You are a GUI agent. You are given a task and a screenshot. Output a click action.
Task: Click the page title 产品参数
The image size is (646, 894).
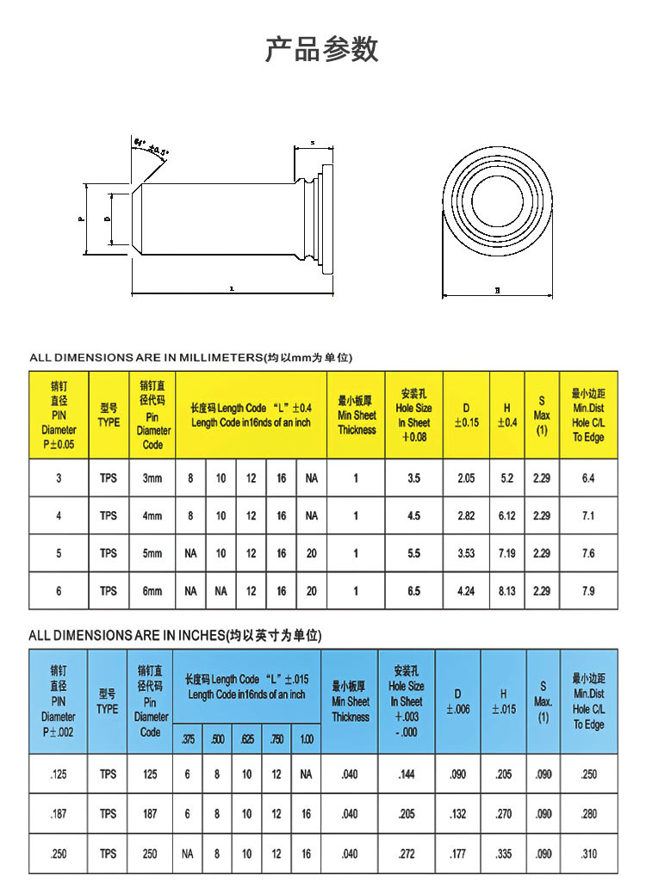coord(321,49)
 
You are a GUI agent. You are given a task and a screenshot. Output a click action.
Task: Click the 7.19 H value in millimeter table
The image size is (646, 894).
coord(507,553)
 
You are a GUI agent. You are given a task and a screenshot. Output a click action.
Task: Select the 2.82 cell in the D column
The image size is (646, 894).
coord(466,515)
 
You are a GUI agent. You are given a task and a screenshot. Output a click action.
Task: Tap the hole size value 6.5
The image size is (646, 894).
coord(413,591)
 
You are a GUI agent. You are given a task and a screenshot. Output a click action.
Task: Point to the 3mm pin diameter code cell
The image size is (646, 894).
coord(152,478)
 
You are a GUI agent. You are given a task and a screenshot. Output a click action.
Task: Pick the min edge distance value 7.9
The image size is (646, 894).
coord(588,591)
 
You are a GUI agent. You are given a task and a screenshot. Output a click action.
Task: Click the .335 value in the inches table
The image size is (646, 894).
coord(503,854)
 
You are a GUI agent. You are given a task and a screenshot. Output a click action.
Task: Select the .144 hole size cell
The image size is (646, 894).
coord(407,774)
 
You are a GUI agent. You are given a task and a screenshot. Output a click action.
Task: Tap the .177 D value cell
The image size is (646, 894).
coord(457,854)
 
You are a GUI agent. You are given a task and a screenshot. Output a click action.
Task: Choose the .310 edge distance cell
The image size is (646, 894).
coord(588,854)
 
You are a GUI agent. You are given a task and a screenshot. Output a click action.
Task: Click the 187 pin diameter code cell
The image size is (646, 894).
coord(151,814)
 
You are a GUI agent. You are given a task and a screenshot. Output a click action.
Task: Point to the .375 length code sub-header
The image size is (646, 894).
coord(188,739)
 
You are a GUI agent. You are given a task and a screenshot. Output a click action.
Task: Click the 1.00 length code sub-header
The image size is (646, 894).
coord(306,739)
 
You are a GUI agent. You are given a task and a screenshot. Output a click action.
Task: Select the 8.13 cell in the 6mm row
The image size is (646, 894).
coord(507,591)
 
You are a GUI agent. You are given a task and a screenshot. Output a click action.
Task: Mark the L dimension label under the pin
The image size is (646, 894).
coord(232,290)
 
